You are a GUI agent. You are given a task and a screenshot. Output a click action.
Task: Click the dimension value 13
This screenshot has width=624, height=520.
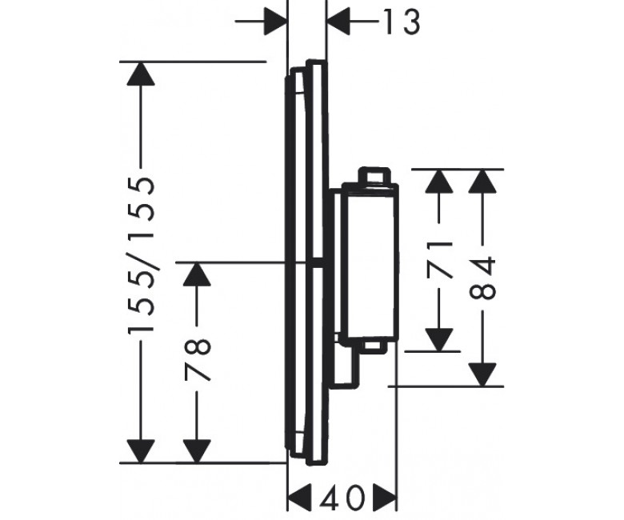pyautogui.click(x=401, y=22)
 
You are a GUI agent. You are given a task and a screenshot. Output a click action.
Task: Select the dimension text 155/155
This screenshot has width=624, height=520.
pyautogui.click(x=141, y=255)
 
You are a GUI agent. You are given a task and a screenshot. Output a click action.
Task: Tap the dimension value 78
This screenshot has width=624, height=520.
pyautogui.click(x=197, y=360)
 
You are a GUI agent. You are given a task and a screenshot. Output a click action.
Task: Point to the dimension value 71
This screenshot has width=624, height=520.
pyautogui.click(x=439, y=259)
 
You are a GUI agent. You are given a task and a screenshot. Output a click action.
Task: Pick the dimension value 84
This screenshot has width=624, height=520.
pyautogui.click(x=482, y=278)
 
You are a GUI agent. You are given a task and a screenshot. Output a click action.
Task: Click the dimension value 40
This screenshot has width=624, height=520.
pyautogui.click(x=342, y=498)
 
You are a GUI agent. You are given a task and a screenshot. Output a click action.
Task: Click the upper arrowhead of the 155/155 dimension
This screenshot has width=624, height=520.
pyautogui.click(x=141, y=74)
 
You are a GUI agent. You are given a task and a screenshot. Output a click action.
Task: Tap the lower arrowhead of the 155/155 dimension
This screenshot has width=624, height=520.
pyautogui.click(x=141, y=451)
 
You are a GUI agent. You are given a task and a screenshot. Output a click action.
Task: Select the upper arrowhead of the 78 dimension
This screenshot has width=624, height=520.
pyautogui.click(x=197, y=274)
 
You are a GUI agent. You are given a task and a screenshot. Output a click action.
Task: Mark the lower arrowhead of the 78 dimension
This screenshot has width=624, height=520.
pyautogui.click(x=197, y=451)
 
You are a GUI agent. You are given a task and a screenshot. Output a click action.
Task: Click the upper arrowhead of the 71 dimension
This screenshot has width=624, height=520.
pyautogui.click(x=439, y=182)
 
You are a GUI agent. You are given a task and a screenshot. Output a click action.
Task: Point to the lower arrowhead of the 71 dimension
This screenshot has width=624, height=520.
pyautogui.click(x=439, y=340)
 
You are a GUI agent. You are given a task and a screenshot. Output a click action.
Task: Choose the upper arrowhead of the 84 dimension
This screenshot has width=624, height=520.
pyautogui.click(x=482, y=182)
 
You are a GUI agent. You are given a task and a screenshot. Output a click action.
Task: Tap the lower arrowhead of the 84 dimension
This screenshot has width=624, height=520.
pyautogui.click(x=482, y=374)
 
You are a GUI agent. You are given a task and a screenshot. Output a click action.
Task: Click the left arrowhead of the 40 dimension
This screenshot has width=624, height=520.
pyautogui.click(x=299, y=498)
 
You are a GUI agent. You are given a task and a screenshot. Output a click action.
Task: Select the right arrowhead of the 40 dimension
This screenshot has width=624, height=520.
pyautogui.click(x=385, y=498)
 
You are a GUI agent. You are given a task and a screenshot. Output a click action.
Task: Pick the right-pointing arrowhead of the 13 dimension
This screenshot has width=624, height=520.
pyautogui.click(x=275, y=21)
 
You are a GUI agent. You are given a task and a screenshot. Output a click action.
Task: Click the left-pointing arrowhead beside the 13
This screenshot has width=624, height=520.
pyautogui.click(x=338, y=21)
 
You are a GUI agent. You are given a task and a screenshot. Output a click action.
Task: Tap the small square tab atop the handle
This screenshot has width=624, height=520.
pyautogui.click(x=374, y=175)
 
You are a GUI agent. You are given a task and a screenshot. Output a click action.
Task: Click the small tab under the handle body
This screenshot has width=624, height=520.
pyautogui.click(x=373, y=346)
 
